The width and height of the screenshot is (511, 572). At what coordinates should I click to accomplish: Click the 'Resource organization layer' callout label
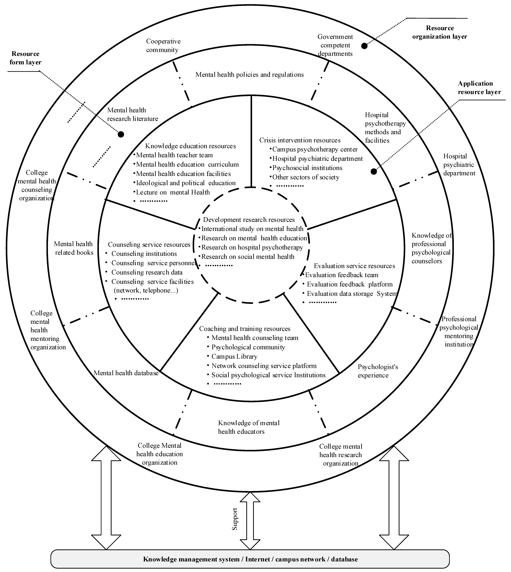(440, 32)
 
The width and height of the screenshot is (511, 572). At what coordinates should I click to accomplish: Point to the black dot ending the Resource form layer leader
(121, 135)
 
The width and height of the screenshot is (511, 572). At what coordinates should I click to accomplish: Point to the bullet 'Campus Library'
(234, 356)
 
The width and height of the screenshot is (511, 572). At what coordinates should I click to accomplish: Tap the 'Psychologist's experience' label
(378, 371)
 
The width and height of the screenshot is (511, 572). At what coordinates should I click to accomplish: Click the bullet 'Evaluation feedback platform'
(349, 284)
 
